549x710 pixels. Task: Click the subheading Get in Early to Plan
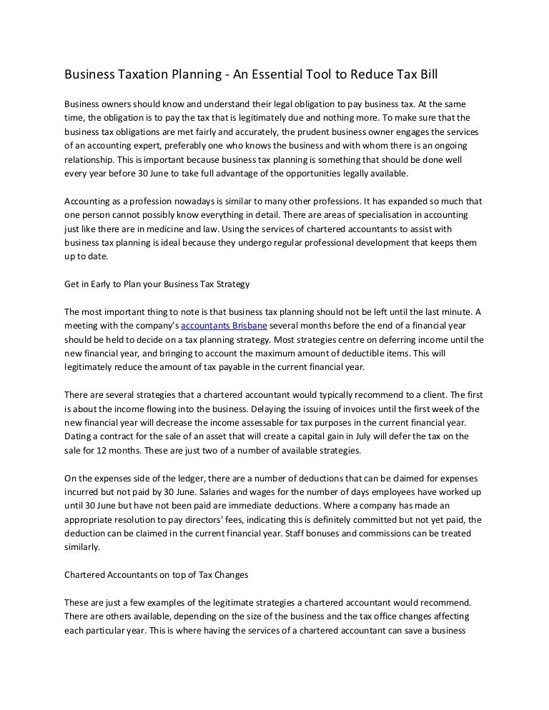(157, 284)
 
